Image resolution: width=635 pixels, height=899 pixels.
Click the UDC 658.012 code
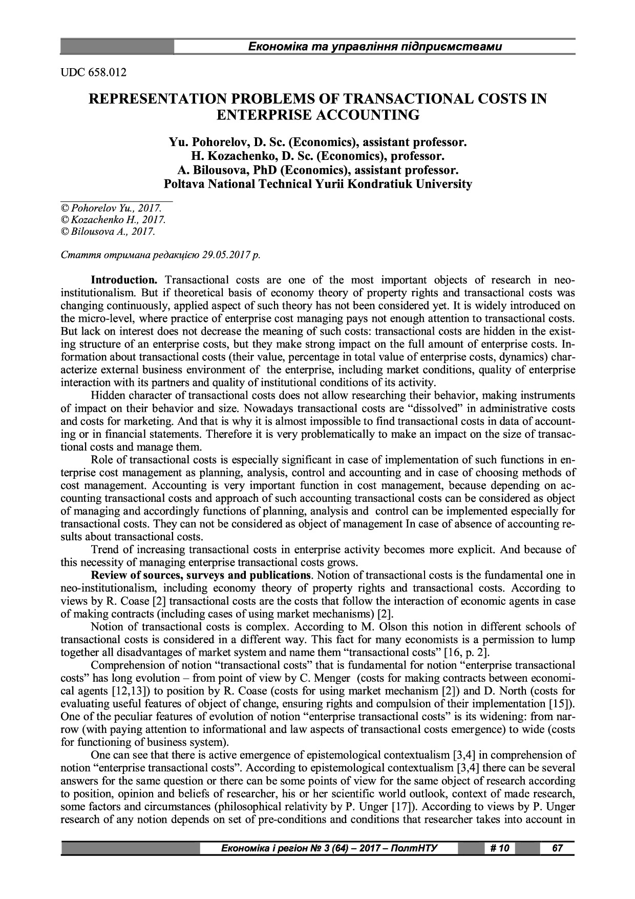pyautogui.click(x=93, y=72)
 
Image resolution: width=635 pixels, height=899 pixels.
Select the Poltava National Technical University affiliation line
pyautogui.click(x=317, y=183)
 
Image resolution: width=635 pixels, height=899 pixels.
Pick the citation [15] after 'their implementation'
pyautogui.click(x=559, y=704)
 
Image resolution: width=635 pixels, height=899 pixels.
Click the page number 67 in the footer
pyautogui.click(x=558, y=848)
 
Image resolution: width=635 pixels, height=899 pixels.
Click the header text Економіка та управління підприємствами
pyautogui.click(x=374, y=47)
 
